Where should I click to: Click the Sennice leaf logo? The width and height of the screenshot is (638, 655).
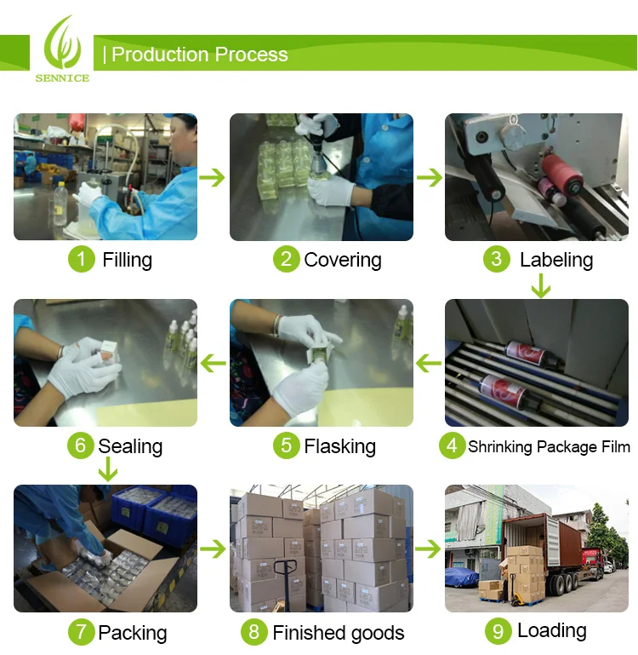coord(63,43)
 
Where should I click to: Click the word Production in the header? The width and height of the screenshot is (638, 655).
coord(160,55)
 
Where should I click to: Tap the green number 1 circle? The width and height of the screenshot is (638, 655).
coord(82,259)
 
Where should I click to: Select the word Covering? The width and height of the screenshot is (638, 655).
coord(343,260)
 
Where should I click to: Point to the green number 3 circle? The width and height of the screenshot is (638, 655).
coord(497,259)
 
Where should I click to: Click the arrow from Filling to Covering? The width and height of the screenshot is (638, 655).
coord(213,177)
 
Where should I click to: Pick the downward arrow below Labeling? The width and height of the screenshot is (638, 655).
coord(541,285)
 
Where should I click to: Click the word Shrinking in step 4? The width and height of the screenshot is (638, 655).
coord(500,447)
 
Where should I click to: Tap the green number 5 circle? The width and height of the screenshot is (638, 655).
coord(286,445)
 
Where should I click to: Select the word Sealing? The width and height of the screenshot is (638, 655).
coord(130,446)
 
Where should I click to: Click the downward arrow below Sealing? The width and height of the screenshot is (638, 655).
coord(108,469)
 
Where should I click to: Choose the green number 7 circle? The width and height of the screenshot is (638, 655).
coord(82,632)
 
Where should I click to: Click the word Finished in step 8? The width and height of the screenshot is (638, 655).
coord(310,633)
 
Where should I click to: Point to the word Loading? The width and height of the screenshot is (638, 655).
coord(552,631)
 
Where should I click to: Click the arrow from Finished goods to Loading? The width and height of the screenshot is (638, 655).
coord(428,549)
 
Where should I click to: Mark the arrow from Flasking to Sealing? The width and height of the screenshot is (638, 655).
coord(214,363)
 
